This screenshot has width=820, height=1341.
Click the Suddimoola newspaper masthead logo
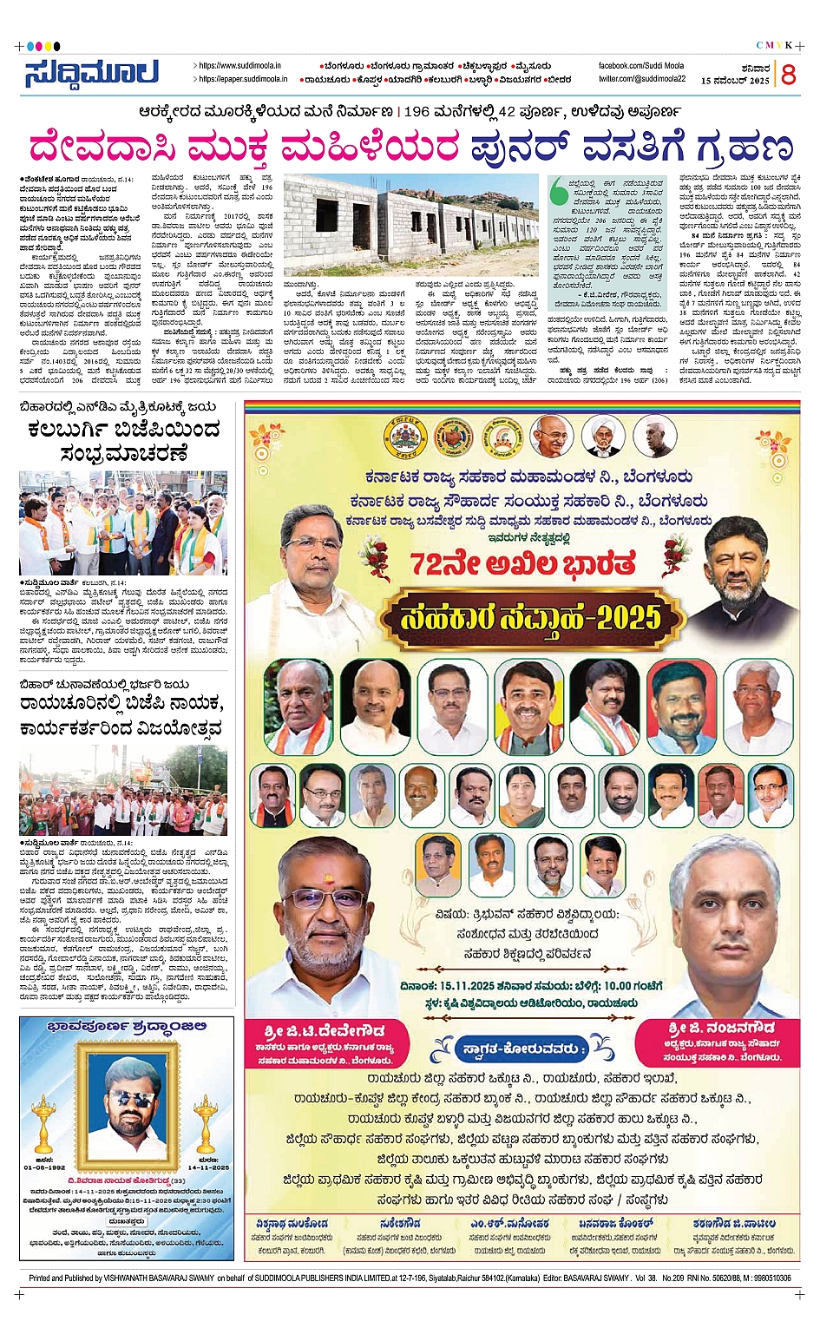[91, 73]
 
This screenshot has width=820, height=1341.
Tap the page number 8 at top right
[788, 76]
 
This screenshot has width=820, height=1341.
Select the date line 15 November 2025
[735, 81]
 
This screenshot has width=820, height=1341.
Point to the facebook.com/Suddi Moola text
[640, 66]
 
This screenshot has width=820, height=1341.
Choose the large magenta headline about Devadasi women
[410, 146]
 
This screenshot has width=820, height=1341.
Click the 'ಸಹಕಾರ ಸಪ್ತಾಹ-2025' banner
[530, 617]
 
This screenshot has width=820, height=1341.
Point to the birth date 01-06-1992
[45, 1167]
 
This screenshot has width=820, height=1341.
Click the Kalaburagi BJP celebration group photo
[123, 523]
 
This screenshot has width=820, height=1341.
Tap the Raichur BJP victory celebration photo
[123, 789]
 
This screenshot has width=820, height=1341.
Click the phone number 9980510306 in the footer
[765, 1279]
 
